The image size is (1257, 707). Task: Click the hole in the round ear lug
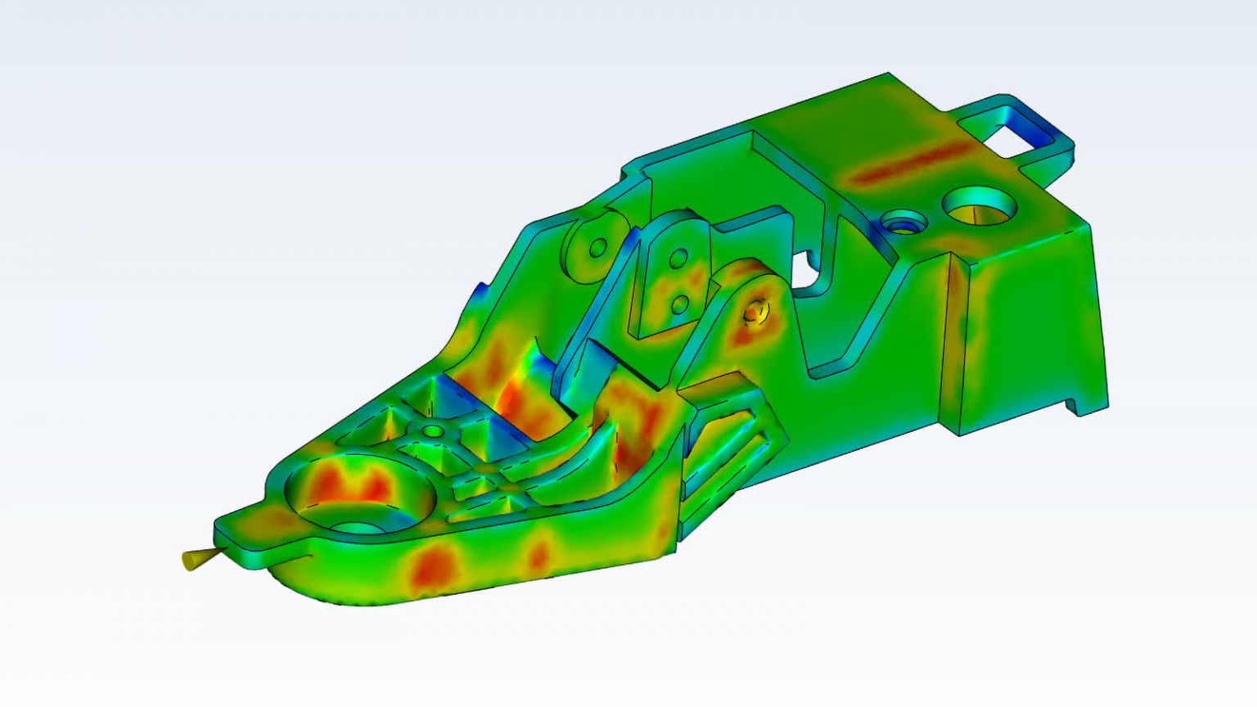(598, 246)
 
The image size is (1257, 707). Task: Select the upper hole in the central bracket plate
(678, 260)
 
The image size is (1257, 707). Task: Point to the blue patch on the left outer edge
(481, 291)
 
